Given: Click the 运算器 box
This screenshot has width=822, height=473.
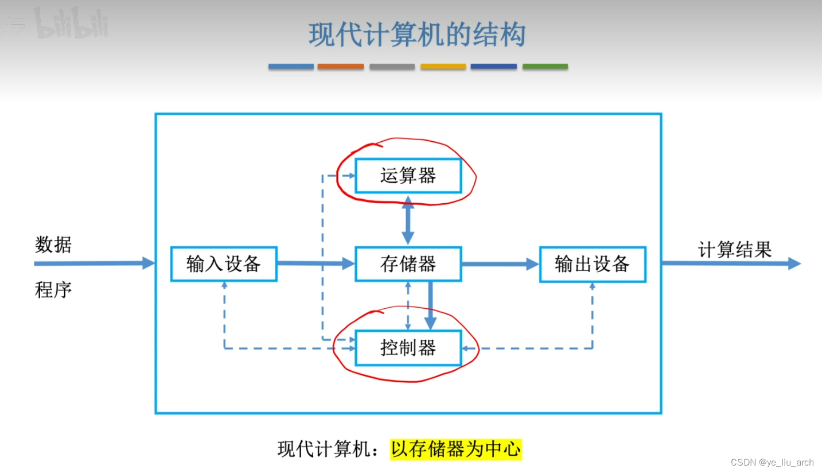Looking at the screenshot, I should tap(408, 176).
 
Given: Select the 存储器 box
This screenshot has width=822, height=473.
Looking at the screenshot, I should tap(408, 264).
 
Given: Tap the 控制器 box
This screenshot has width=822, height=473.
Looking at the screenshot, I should tap(408, 348).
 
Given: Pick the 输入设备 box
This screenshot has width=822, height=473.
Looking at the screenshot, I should tap(224, 264).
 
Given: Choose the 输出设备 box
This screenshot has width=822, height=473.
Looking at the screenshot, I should tap(593, 264).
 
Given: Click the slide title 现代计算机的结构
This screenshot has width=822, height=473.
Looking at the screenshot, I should tap(417, 36).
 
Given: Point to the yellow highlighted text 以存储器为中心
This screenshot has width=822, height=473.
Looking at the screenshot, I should tap(456, 449).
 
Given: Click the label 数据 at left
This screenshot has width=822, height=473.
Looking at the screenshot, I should tap(53, 245).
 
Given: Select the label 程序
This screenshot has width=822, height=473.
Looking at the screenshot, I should tap(53, 290).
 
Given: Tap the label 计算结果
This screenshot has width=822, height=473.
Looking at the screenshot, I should tap(735, 250).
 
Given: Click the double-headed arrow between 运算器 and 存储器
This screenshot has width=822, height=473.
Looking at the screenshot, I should tap(408, 220).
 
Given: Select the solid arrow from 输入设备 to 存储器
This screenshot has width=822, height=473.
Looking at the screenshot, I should tap(315, 263).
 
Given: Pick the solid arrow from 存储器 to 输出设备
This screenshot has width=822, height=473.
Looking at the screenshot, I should tap(500, 264).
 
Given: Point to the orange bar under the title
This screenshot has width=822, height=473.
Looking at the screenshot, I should tap(341, 67).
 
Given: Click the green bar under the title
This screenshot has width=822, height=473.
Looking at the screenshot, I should tap(545, 67).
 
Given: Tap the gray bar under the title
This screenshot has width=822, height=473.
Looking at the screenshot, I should tap(392, 67).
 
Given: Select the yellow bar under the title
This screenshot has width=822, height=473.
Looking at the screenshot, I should tap(443, 67).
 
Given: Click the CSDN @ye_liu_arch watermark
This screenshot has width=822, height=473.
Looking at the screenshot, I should tap(772, 463).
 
